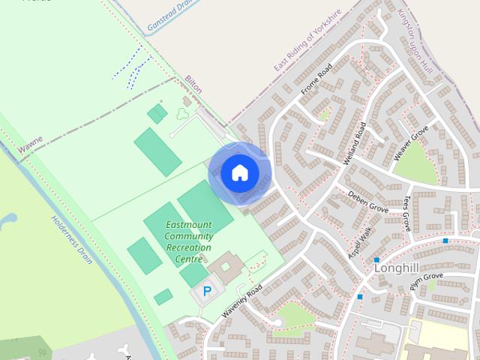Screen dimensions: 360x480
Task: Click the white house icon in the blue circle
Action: tap(239, 172)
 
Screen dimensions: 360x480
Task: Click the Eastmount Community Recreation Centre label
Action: tap(189, 241)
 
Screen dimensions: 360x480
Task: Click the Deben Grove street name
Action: tap(367, 201)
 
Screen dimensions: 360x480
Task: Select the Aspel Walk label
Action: tap(360, 244)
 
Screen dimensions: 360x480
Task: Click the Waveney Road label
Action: tap(241, 304)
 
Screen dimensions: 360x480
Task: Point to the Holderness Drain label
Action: tap(72, 239)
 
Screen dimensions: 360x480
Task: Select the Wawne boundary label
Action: tap(31, 145)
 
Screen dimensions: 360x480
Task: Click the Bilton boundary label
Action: tap(193, 84)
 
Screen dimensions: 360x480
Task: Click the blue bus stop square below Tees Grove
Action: tap(445, 241)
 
